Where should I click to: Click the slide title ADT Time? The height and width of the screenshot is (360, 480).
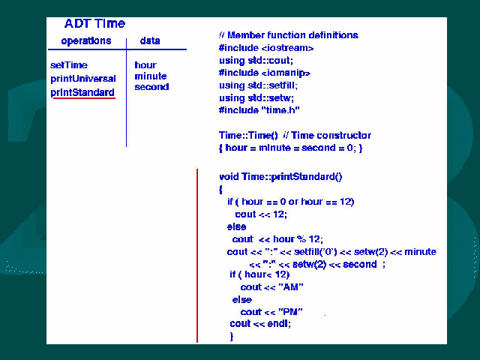coord(94,23)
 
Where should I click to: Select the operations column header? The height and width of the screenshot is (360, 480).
coord(86,41)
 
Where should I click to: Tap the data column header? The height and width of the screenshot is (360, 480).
coord(150,40)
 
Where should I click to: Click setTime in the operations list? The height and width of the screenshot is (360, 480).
coord(69,65)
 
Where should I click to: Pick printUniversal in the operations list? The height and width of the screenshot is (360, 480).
coord(83,79)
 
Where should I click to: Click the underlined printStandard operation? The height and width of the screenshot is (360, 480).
coord(82,92)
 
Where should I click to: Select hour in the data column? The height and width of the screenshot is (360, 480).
coord(145,65)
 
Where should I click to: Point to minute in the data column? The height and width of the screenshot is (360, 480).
coord(150,76)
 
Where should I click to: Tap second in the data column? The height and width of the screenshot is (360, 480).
coord(151,87)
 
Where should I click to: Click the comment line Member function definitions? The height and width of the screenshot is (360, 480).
coord(289,35)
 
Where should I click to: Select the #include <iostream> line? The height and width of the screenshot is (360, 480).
coord(266,48)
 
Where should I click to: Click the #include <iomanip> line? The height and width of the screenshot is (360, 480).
coord(265,73)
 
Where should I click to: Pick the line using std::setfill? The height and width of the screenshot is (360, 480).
coord(258,85)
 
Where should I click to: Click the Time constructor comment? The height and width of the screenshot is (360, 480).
coord(327,135)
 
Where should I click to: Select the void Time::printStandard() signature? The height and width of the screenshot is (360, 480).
coord(280,177)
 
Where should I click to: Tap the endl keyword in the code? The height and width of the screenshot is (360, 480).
coord(278,323)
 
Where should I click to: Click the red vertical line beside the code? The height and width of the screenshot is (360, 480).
coord(197,255)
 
